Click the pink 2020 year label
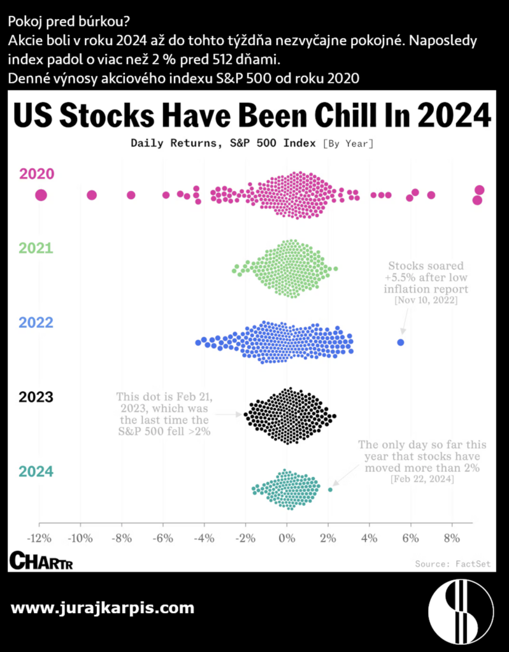click(x=36, y=174)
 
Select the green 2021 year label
click(x=36, y=248)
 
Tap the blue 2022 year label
click(x=36, y=322)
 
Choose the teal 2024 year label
click(x=36, y=472)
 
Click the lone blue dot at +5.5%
click(x=401, y=343)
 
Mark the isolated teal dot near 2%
click(x=330, y=490)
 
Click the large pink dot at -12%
click(x=41, y=195)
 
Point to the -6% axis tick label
click(x=162, y=538)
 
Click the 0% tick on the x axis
click(x=287, y=538)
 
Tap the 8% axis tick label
click(x=451, y=538)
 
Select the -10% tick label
click(x=80, y=538)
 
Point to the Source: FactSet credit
click(x=452, y=563)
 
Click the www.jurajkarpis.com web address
click(x=103, y=607)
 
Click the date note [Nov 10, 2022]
click(x=426, y=300)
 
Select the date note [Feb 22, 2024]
click(x=422, y=479)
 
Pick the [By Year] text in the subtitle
click(x=348, y=143)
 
